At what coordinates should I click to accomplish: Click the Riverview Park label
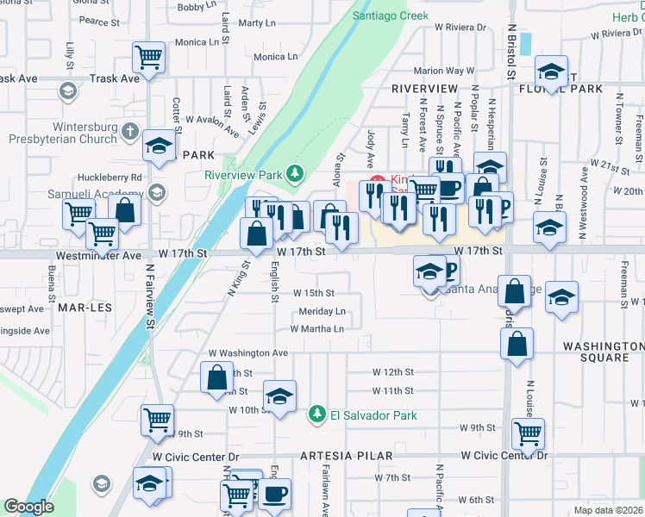[244, 174]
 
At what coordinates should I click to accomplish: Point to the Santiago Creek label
[390, 16]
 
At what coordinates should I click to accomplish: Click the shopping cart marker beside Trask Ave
[148, 58]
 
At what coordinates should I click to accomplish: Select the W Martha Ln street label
[316, 328]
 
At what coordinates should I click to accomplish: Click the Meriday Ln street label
[322, 311]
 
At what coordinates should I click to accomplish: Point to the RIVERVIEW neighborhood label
[423, 89]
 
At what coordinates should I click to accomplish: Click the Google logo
[28, 507]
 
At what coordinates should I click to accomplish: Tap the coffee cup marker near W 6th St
[274, 494]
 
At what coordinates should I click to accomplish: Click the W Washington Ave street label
[248, 353]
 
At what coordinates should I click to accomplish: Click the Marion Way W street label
[444, 71]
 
